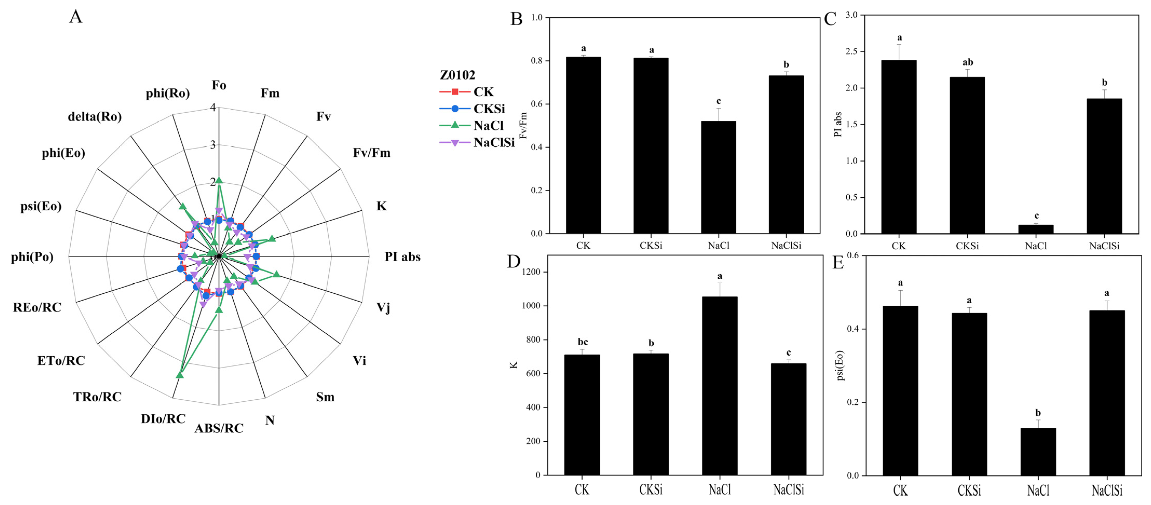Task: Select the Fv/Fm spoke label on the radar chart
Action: point(371,153)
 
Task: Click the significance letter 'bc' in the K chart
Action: point(583,342)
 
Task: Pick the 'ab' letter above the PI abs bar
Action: point(967,63)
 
